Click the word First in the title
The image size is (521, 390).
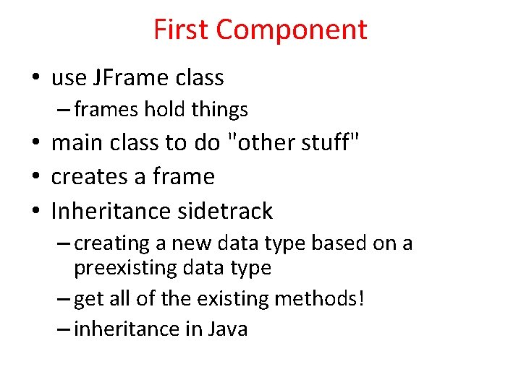[181, 30]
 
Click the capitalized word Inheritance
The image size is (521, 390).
[102, 211]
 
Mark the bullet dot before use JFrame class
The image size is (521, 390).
[35, 78]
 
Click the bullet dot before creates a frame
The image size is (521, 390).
[35, 177]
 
